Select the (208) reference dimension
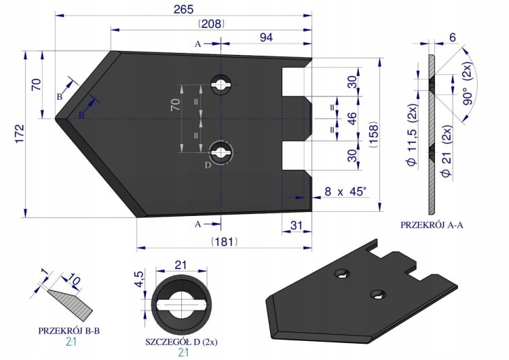pos(211,24)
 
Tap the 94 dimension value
pos(266,37)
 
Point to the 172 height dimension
pos(20,133)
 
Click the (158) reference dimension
pos(374,134)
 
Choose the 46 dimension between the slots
pos(352,118)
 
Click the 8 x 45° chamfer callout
pos(347,192)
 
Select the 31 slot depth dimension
pos(296,225)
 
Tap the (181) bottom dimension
pos(225,242)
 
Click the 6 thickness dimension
pos(453,37)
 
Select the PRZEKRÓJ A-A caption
pos(432,225)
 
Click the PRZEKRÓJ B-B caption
pos(69,331)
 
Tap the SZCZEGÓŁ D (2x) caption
pos(181,342)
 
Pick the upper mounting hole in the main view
pos(221,85)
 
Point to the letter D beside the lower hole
pos(208,165)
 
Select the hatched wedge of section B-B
pos(71,302)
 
